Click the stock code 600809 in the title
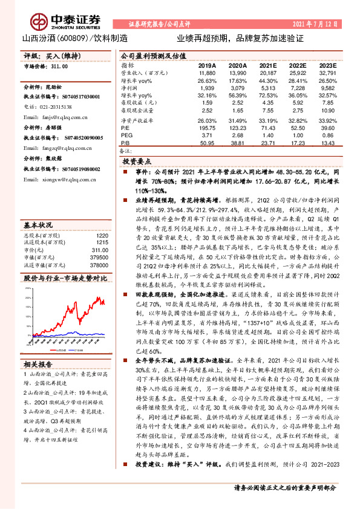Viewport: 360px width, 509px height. pyautogui.click(x=76, y=37)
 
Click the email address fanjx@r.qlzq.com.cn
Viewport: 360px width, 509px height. pyautogui.click(x=60, y=116)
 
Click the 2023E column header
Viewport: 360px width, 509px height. pyautogui.click(x=326, y=65)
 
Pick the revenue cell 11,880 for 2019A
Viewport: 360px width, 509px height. pyautogui.click(x=207, y=72)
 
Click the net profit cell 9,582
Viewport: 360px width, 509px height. pyautogui.click(x=326, y=88)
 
